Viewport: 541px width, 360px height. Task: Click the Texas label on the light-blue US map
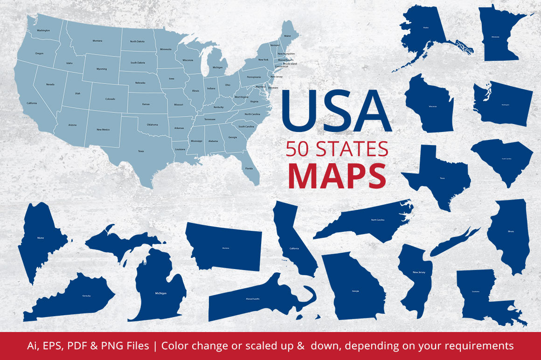[x=141, y=151]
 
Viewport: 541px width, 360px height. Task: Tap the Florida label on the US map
[x=249, y=168]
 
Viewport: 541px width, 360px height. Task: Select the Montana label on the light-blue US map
[x=97, y=41]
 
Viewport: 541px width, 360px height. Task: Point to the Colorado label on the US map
[x=110, y=99]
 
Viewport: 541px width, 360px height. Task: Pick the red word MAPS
[x=337, y=174]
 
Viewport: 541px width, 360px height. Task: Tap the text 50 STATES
[x=337, y=148]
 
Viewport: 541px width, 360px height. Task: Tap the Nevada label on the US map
[x=50, y=84]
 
